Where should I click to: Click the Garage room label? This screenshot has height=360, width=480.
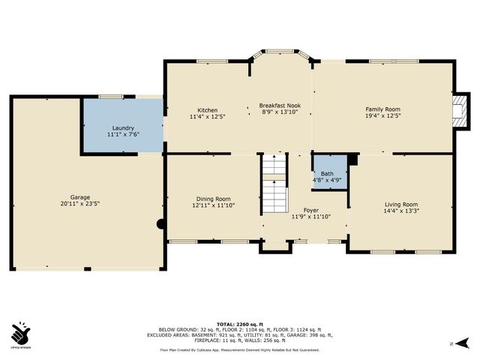coord(75,196)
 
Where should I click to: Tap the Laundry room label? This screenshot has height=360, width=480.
coord(123,128)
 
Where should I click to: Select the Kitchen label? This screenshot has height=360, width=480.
coord(207,109)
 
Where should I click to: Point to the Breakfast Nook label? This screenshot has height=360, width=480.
coord(280,105)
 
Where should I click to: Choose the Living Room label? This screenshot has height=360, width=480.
coord(401,204)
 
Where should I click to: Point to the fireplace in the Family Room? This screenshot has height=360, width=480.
coord(459,110)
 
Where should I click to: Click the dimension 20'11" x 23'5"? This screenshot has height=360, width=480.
coord(75,203)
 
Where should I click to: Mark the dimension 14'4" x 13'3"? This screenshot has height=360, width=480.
coord(401,211)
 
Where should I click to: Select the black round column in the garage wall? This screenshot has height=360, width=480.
coord(160,223)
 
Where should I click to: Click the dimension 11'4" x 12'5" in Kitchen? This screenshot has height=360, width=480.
coord(207,116)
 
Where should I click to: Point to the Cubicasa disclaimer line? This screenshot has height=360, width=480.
coord(240,349)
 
